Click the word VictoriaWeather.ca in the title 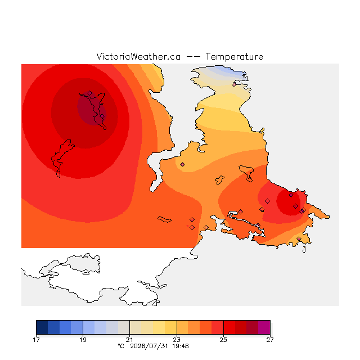pyautogui.click(x=138, y=56)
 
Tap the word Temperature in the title pyautogui.click(x=234, y=56)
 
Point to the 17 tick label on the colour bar pyautogui.click(x=36, y=340)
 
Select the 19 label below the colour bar pyautogui.click(x=83, y=340)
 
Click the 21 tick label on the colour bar pyautogui.click(x=129, y=340)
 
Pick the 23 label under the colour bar pyautogui.click(x=177, y=340)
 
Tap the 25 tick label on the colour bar pyautogui.click(x=223, y=340)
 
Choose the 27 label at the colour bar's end pyautogui.click(x=270, y=340)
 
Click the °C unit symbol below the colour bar pyautogui.click(x=121, y=346)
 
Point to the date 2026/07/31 pyautogui.click(x=149, y=346)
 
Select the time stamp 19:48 pyautogui.click(x=181, y=346)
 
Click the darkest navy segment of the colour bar pyautogui.click(x=42, y=327)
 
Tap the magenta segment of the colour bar pyautogui.click(x=264, y=327)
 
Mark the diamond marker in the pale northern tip pyautogui.click(x=234, y=85)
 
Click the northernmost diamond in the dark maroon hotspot pyautogui.click(x=90, y=93)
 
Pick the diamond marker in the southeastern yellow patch pyautogui.click(x=299, y=238)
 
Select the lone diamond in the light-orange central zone pyautogui.click(x=182, y=164)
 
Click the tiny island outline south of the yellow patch pyautogui.click(x=304, y=250)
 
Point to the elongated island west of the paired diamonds pyautogui.click(x=164, y=219)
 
